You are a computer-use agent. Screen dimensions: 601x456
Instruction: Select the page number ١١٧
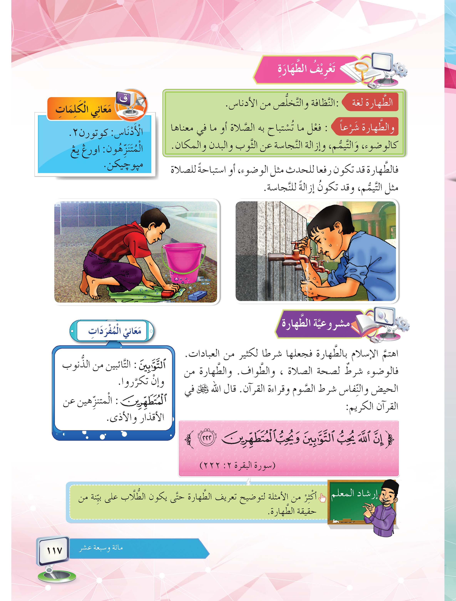(54, 551)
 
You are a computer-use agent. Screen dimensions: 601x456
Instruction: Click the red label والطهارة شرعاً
(366, 127)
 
